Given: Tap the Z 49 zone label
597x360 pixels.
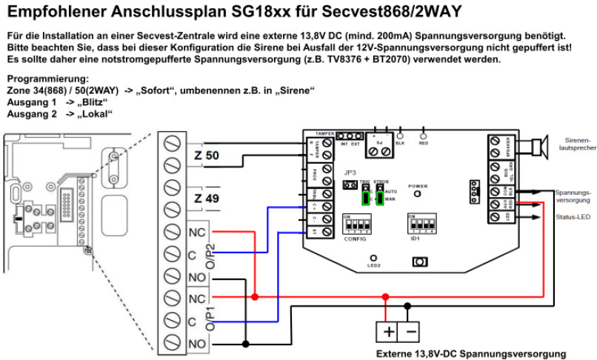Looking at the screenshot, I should coord(207,199).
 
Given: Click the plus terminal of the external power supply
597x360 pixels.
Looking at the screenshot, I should coord(387,330).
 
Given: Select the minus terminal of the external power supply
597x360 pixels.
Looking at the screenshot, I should coord(410,330).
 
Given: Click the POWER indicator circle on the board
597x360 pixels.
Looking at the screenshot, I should coord(417,194).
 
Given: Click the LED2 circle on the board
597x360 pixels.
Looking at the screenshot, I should coord(374,258).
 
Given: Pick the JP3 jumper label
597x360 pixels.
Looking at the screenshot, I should coord(351,173).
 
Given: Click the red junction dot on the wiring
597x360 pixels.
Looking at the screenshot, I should coord(256,297).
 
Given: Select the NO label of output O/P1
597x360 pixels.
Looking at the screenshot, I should coord(198,344).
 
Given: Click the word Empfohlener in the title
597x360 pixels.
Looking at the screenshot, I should coord(56,11).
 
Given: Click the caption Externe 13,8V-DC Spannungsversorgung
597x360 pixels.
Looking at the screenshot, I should coord(470,353).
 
